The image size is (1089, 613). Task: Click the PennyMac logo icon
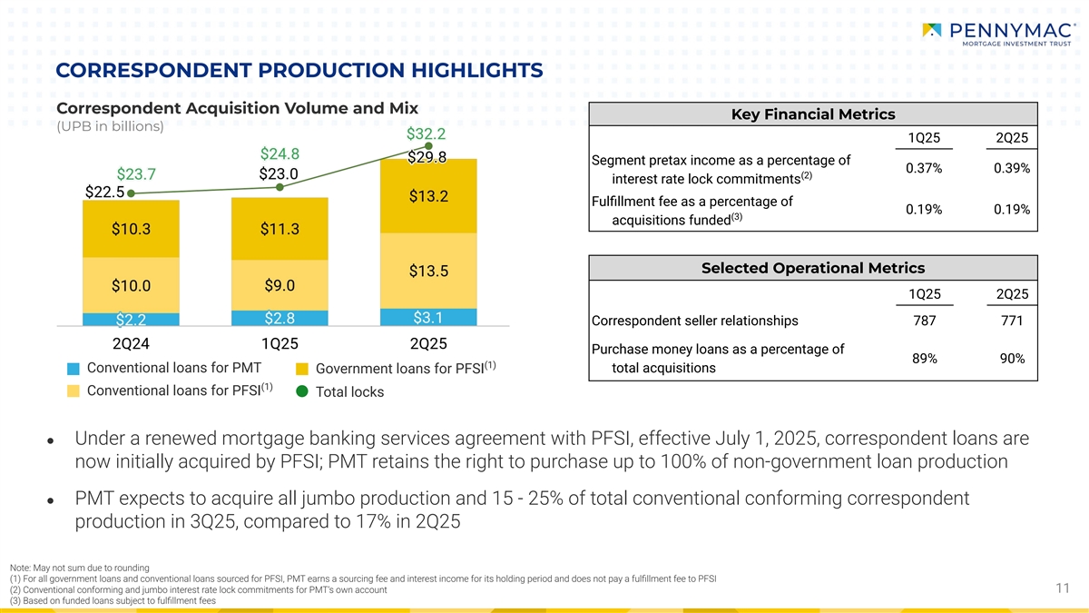pyautogui.click(x=931, y=30)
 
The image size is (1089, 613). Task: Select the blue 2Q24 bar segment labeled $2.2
pyautogui.click(x=131, y=319)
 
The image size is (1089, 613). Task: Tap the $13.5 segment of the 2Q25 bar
pyautogui.click(x=428, y=271)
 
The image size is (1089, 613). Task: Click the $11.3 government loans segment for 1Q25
pyautogui.click(x=280, y=229)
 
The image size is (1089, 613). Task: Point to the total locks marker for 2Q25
pyautogui.click(x=428, y=146)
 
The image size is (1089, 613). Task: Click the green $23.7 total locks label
pyautogui.click(x=136, y=173)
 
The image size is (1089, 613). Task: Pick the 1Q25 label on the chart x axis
pyautogui.click(x=280, y=343)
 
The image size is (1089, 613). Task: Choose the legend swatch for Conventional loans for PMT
pyautogui.click(x=74, y=369)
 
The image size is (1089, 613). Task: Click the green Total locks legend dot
pyautogui.click(x=302, y=391)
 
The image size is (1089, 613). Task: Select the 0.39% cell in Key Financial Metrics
pyautogui.click(x=1012, y=168)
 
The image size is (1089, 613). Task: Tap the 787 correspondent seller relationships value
pyautogui.click(x=924, y=321)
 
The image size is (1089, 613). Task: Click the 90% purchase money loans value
pyautogui.click(x=1012, y=359)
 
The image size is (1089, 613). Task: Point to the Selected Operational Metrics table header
pyautogui.click(x=813, y=268)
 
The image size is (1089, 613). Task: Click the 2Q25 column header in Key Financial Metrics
pyautogui.click(x=1012, y=138)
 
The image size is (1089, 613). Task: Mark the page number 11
pyautogui.click(x=1063, y=588)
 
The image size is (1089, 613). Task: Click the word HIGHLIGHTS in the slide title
pyautogui.click(x=477, y=70)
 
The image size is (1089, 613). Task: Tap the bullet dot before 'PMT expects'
pyautogui.click(x=50, y=500)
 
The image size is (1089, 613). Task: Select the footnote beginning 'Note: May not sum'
pyautogui.click(x=79, y=568)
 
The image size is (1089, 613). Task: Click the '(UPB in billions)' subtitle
pyautogui.click(x=110, y=126)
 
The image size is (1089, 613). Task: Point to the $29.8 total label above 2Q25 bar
pyautogui.click(x=427, y=157)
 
